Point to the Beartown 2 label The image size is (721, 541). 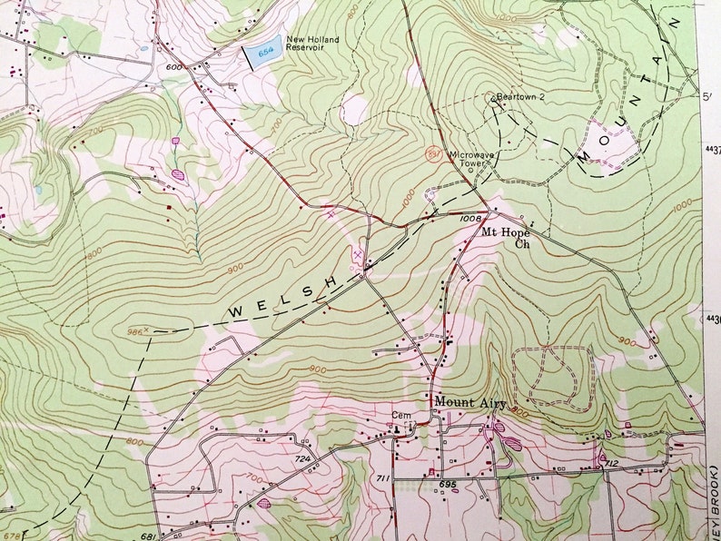[x=519, y=95]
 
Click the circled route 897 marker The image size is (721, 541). [x=434, y=154]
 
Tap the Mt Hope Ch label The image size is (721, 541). [x=506, y=238]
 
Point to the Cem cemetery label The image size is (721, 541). [x=401, y=417]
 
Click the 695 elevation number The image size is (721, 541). [x=447, y=485]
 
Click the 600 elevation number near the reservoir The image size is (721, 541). [x=173, y=66]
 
